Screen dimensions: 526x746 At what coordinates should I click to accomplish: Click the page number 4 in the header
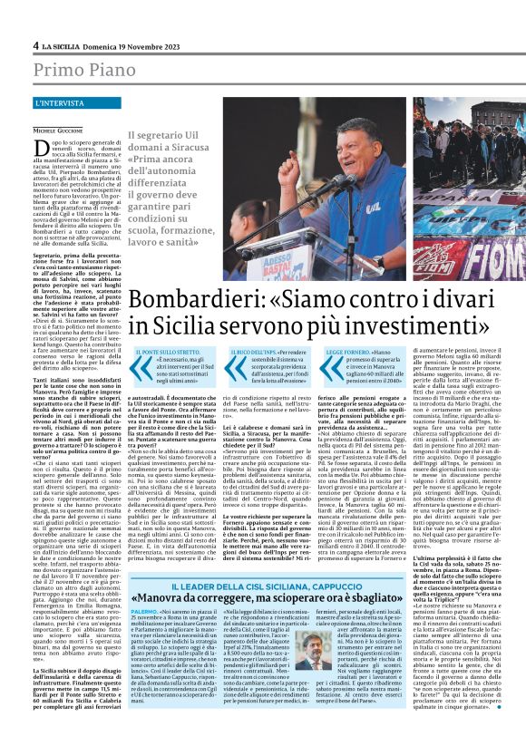click(x=35, y=44)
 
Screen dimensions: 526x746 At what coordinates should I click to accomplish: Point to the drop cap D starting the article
click(x=43, y=146)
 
